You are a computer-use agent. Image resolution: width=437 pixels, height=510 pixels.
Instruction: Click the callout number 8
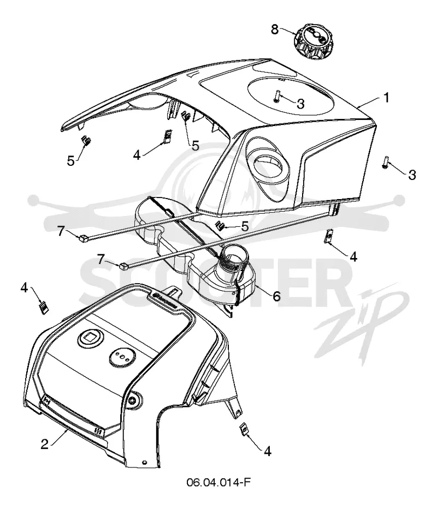275,29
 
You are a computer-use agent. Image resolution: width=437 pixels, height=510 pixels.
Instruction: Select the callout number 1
386,97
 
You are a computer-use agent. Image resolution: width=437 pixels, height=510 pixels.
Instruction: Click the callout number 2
45,444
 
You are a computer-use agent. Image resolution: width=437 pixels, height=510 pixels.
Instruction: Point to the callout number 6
276,296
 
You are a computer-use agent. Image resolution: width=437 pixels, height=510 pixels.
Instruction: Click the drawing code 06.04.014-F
218,482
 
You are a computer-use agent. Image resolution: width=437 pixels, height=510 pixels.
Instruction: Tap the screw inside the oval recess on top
277,98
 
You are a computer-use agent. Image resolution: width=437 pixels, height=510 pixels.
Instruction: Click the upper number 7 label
61,231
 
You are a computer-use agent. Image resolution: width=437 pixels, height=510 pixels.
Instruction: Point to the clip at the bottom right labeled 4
243,429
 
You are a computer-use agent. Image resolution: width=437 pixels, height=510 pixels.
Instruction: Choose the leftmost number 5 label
70,161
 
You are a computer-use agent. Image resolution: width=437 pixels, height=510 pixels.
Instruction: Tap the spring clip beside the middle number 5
186,116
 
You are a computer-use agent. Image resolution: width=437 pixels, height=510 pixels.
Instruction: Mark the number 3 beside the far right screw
412,175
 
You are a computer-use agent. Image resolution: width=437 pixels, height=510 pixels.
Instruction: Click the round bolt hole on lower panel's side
133,400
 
